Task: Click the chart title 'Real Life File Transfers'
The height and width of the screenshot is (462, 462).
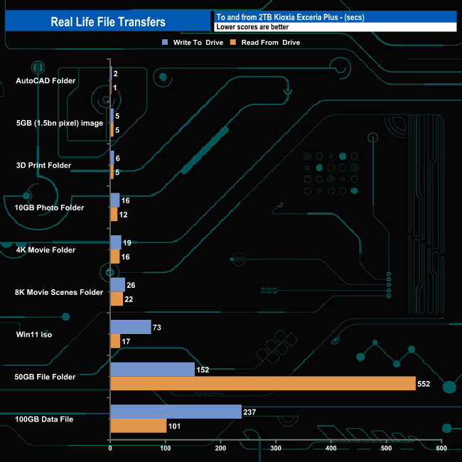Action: (x=108, y=22)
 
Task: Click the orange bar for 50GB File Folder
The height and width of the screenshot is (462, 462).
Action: (x=263, y=384)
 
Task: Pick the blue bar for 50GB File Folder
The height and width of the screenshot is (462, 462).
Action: (x=152, y=370)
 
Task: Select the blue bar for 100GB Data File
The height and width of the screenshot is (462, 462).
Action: (x=176, y=412)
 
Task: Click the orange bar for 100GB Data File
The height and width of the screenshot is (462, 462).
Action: (x=138, y=426)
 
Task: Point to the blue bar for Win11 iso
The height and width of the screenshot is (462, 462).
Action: (x=131, y=327)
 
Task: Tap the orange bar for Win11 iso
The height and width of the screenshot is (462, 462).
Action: (x=115, y=341)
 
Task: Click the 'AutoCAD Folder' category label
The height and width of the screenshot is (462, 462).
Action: (x=45, y=80)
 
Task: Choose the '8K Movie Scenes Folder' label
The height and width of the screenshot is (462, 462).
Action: (x=60, y=291)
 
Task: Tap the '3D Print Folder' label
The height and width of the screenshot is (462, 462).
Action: (x=43, y=165)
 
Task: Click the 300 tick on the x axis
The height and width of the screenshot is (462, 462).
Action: (x=276, y=448)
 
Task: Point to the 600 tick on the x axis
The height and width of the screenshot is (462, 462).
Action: (x=441, y=448)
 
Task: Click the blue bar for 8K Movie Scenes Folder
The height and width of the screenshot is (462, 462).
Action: (x=117, y=285)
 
